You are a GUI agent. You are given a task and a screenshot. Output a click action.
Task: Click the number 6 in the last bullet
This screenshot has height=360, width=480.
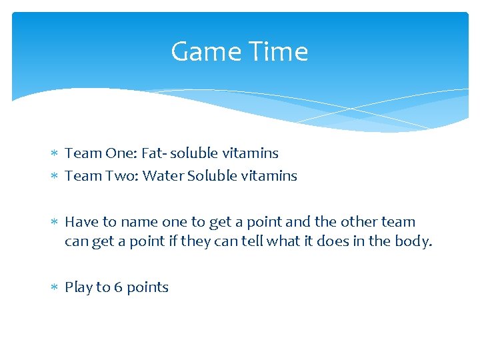coord(118,287)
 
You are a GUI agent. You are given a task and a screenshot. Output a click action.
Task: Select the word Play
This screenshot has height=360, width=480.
coord(78,288)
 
